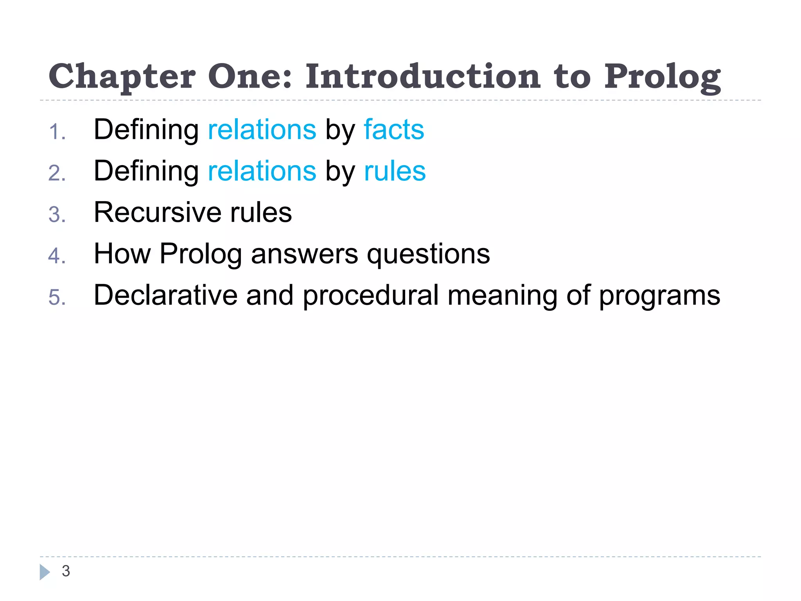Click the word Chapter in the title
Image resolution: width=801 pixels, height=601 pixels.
[x=122, y=77]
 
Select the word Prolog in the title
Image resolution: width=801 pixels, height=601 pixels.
[x=662, y=77]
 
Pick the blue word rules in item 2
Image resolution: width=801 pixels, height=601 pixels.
[x=395, y=171]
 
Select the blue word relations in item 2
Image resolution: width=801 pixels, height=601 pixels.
[x=262, y=171]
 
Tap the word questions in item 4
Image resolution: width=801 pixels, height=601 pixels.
[x=428, y=254]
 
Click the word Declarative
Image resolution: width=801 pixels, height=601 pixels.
[x=165, y=295]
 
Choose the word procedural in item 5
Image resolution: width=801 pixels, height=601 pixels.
[x=370, y=296]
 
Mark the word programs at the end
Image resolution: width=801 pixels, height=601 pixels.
[x=659, y=296]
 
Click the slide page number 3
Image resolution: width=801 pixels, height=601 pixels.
[x=66, y=571]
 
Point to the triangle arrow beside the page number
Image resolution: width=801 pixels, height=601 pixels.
[x=45, y=572]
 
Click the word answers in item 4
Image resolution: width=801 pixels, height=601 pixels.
[x=304, y=254]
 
